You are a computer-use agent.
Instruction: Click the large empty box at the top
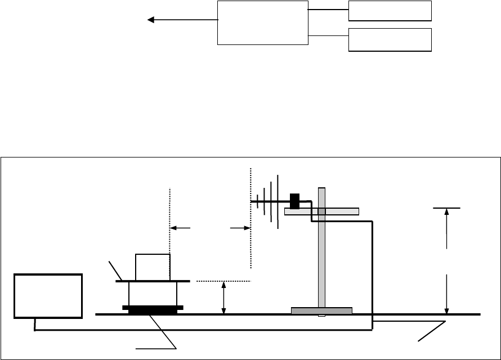[x=263, y=22]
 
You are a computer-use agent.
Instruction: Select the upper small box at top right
[x=390, y=11]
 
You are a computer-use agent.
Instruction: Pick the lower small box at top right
[x=390, y=39]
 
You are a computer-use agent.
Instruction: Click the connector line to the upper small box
[x=329, y=10]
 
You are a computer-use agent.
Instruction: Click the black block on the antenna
[x=294, y=201]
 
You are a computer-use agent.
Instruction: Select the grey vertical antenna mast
[x=321, y=259]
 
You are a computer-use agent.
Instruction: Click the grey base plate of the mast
[x=321, y=310]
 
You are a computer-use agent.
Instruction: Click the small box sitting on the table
[x=153, y=267]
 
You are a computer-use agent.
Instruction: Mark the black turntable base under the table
[x=153, y=309]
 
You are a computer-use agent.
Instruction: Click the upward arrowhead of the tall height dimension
[x=446, y=214]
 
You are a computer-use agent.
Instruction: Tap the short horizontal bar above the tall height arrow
[x=446, y=208]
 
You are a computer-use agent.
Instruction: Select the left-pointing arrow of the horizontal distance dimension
[x=180, y=228]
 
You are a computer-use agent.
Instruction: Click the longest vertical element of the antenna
[x=278, y=202]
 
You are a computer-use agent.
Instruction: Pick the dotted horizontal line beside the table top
[x=223, y=280]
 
